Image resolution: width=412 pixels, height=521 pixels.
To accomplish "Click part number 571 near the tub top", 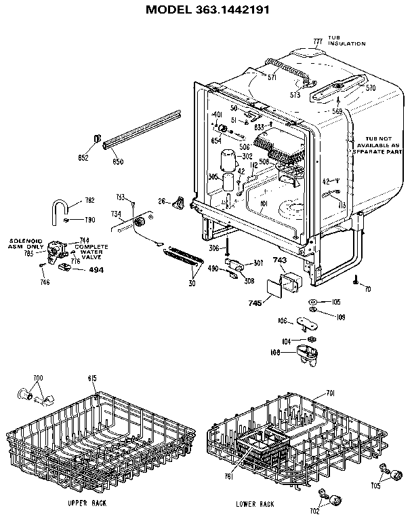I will click(x=272, y=78).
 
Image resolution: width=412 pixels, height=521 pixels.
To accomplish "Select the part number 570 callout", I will click(x=370, y=88).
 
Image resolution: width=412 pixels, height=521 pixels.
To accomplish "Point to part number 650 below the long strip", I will click(x=117, y=161).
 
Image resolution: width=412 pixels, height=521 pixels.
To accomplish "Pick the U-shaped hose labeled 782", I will click(x=63, y=206).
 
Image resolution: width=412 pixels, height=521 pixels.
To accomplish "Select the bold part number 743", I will click(x=281, y=260).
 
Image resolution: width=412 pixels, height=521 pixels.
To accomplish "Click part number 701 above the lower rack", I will click(x=330, y=392).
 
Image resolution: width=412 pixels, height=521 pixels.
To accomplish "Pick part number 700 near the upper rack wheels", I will click(x=38, y=377).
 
